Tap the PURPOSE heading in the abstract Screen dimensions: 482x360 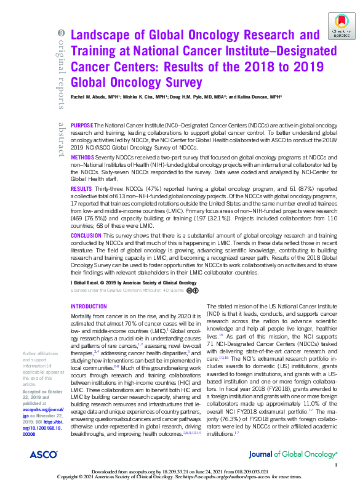click(82, 124)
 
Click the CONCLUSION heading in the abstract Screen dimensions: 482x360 click(86, 236)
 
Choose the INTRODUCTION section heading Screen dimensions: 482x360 click(89, 306)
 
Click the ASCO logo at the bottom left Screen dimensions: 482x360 click(43, 454)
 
